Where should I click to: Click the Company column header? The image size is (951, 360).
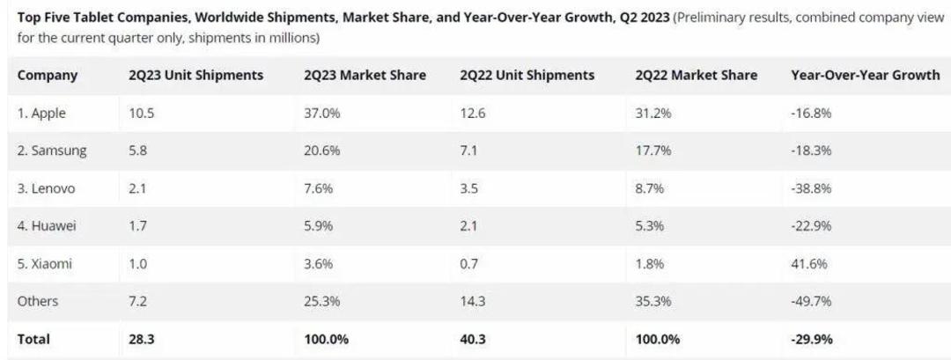pos(48,76)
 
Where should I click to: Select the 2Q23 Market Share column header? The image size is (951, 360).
pos(365,75)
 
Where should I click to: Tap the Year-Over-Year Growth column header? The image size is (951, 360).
pos(865,75)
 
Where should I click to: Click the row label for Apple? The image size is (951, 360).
pos(41,114)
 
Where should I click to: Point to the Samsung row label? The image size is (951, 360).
pos(52,151)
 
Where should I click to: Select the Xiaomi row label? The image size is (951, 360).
pos(46,264)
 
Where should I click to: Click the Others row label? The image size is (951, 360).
pos(38,301)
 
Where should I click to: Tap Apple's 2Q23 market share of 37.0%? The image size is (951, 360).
pos(322,114)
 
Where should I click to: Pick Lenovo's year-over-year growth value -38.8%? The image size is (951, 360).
pos(811,188)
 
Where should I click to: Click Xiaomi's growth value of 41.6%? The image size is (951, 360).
pos(809,264)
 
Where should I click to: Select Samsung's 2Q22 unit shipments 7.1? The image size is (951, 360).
pos(468,151)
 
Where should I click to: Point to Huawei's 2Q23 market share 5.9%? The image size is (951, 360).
pos(319,226)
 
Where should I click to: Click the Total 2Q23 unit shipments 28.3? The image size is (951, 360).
pos(141,339)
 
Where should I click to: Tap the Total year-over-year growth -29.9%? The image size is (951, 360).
pos(812,339)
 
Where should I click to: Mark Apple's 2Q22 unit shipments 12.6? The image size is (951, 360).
pos(472,114)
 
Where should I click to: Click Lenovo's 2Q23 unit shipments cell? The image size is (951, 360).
pos(137,188)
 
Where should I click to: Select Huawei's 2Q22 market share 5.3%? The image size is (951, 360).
pos(650,226)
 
